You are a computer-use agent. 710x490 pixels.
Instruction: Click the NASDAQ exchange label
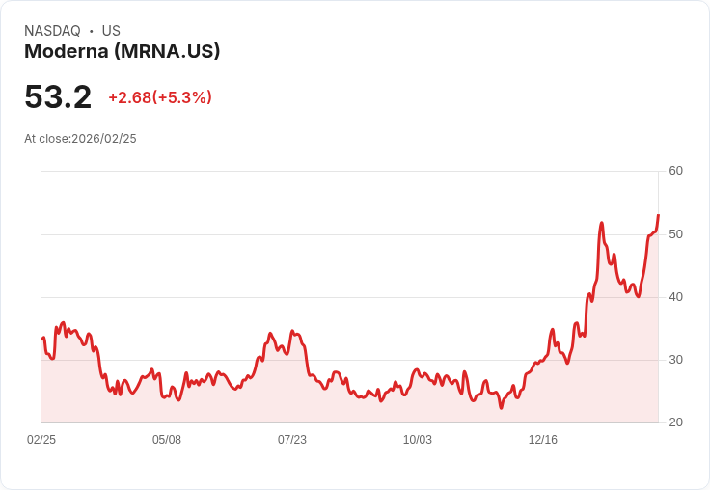point(52,31)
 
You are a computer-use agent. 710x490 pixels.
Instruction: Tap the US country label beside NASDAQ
point(111,31)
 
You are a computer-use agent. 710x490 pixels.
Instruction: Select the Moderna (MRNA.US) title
point(123,51)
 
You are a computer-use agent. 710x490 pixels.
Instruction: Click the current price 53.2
point(58,96)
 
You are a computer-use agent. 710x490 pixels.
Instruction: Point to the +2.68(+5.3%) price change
point(160,97)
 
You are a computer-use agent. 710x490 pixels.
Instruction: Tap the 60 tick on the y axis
point(675,171)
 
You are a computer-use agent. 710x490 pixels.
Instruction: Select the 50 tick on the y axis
point(675,234)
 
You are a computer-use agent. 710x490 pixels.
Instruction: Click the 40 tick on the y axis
point(675,297)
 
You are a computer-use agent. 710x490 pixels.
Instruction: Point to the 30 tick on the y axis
point(675,360)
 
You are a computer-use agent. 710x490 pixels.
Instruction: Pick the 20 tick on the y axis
point(675,422)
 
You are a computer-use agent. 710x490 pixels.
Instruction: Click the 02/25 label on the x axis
point(41,440)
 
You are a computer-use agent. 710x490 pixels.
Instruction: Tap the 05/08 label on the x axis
point(167,440)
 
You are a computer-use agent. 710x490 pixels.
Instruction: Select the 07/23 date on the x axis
point(292,440)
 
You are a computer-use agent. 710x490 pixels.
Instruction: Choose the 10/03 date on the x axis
point(418,440)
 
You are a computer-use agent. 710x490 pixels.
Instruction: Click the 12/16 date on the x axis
point(543,440)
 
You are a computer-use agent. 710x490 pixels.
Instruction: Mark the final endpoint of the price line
point(658,215)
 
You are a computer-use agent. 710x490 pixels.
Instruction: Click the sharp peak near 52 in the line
point(602,223)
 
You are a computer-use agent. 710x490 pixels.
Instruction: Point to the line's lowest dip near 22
point(501,408)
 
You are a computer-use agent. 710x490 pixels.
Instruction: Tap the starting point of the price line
point(42,338)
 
